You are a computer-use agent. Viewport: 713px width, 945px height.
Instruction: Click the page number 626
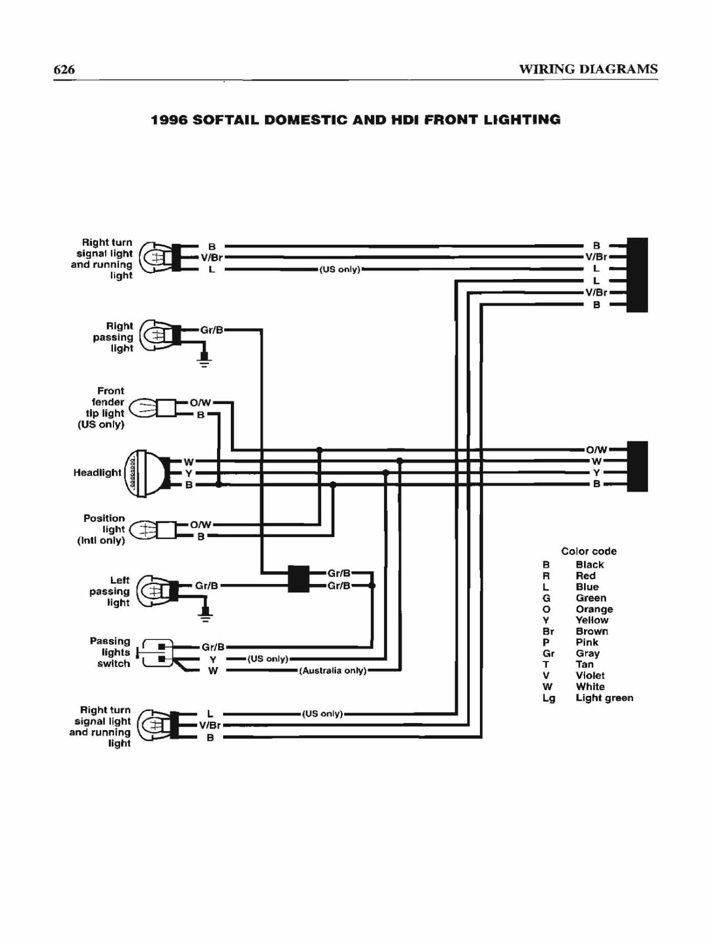click(64, 69)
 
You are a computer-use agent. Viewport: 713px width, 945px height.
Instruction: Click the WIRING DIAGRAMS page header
click(588, 69)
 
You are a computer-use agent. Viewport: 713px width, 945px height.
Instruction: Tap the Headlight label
click(97, 472)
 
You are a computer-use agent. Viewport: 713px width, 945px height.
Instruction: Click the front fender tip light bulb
click(142, 409)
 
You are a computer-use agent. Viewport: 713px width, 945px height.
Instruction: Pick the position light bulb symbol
click(143, 530)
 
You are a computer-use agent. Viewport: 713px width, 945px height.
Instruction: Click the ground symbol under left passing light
click(205, 613)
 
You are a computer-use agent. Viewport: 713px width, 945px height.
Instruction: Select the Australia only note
click(333, 670)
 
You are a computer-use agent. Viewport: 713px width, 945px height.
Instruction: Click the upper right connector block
click(637, 275)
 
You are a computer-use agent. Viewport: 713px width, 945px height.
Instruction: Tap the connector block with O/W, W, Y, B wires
click(637, 467)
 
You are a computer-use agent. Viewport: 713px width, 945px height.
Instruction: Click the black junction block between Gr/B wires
click(299, 579)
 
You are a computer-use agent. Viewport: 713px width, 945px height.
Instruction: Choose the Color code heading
click(588, 551)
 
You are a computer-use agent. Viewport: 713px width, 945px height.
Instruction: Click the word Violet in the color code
click(590, 675)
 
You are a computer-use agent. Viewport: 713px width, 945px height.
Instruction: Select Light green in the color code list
click(604, 698)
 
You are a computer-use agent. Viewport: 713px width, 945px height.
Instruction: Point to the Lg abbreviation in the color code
click(549, 698)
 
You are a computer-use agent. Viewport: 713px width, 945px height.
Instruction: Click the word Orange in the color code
click(594, 609)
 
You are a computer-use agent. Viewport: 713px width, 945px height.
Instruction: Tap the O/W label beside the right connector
click(597, 450)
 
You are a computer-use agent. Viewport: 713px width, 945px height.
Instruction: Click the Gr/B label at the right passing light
click(211, 330)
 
